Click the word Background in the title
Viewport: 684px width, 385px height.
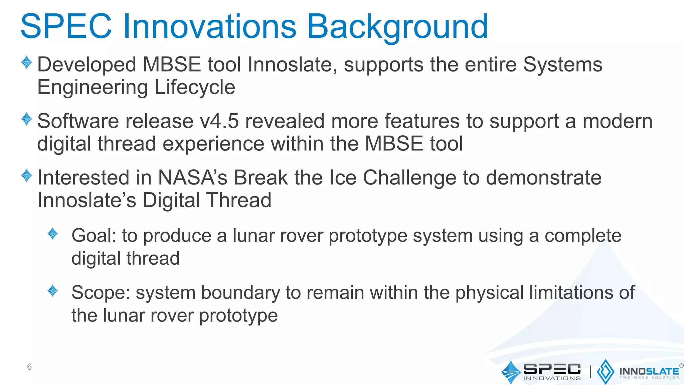point(397,27)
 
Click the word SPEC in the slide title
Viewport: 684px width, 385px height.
point(66,27)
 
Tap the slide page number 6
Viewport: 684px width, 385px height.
point(29,367)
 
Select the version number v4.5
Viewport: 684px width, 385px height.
point(219,121)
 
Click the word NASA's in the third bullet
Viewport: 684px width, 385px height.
point(192,177)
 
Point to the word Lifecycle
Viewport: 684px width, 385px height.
point(195,87)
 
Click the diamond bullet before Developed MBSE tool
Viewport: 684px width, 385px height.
point(26,62)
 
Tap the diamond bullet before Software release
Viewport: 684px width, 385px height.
point(26,119)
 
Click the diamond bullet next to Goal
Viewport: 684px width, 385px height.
point(53,233)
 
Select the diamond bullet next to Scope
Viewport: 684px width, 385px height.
point(53,290)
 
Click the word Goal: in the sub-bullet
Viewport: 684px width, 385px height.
point(94,236)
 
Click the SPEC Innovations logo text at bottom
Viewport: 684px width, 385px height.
point(552,371)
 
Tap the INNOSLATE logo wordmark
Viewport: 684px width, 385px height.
point(649,372)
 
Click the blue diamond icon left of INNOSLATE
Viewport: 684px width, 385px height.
point(605,372)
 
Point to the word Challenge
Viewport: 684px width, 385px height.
point(409,177)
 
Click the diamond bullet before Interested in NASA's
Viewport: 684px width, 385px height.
point(26,175)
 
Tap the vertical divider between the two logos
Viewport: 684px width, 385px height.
point(590,372)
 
